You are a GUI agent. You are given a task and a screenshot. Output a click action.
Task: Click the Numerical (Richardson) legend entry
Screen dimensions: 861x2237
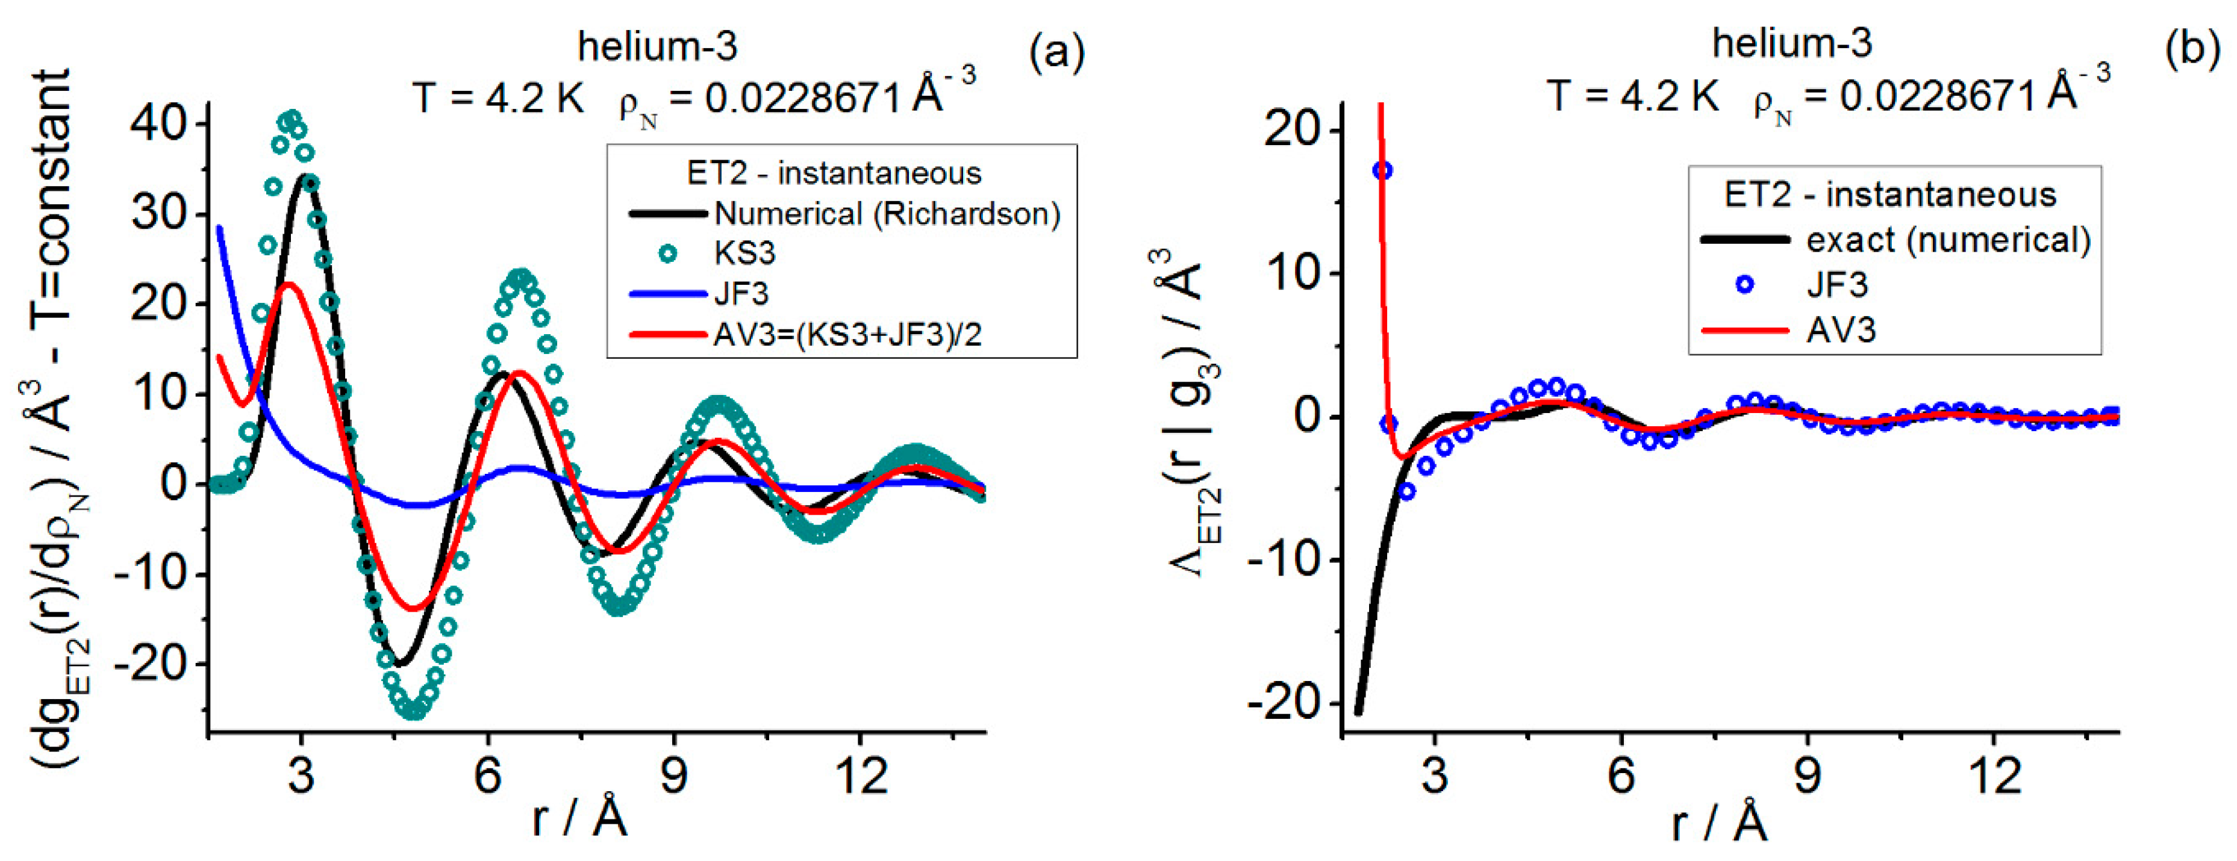[x=886, y=214]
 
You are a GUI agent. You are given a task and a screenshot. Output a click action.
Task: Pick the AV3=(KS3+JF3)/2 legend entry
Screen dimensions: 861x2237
[x=847, y=334]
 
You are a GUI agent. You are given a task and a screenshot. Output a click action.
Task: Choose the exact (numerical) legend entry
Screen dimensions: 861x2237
[x=1948, y=240]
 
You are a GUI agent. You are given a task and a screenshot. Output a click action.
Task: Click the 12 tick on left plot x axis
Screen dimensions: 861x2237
[x=861, y=775]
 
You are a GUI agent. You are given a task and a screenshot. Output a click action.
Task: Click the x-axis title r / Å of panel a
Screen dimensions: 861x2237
[x=579, y=818]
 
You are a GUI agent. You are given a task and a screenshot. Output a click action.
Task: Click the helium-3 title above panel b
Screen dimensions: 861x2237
[x=1791, y=43]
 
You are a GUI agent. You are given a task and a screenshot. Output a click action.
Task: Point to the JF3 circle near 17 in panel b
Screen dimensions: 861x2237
[x=1382, y=170]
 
